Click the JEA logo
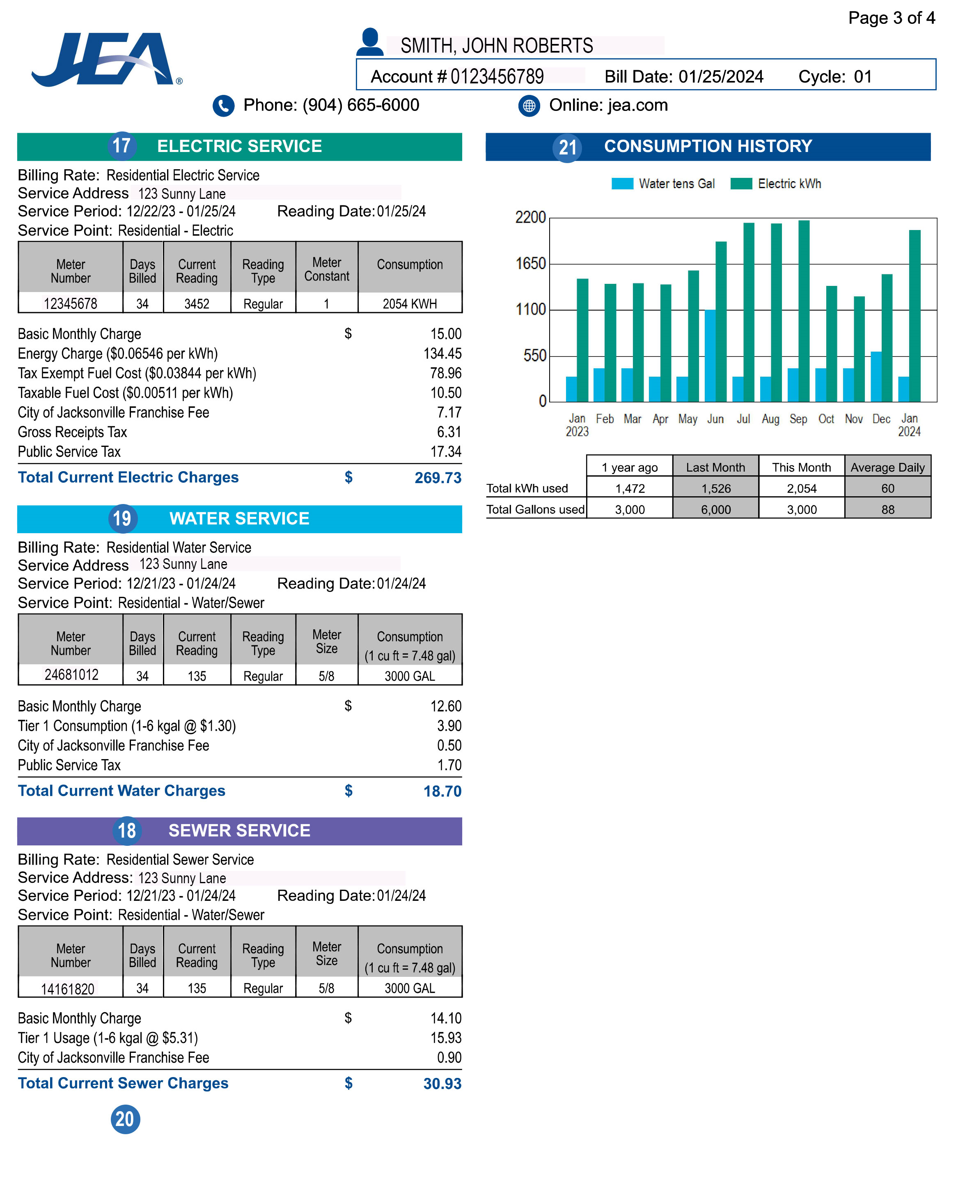click(x=107, y=59)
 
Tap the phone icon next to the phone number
click(x=223, y=106)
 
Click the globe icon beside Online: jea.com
click(x=529, y=106)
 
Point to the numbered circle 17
click(x=122, y=146)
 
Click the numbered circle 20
click(x=125, y=1119)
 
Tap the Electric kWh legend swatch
click(x=741, y=184)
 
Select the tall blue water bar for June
click(x=710, y=355)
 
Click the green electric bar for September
click(x=804, y=311)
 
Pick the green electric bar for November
click(x=860, y=349)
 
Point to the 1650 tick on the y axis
click(x=531, y=264)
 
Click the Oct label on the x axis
click(x=826, y=419)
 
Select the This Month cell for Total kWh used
click(x=802, y=488)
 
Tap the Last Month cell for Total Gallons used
click(x=716, y=509)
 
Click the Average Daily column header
click(x=888, y=467)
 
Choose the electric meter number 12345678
click(x=71, y=304)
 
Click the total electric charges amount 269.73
click(x=438, y=478)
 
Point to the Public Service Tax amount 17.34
click(x=446, y=451)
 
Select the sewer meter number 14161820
click(x=68, y=989)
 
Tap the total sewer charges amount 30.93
click(x=442, y=1083)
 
